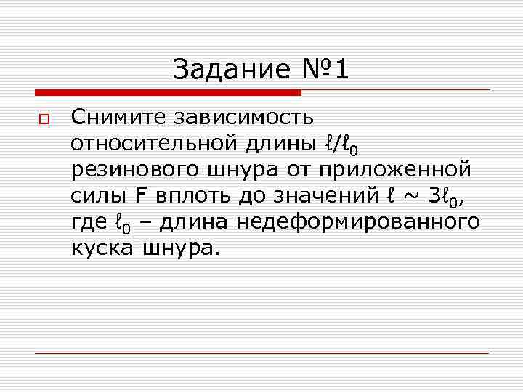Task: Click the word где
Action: pyautogui.click(x=89, y=222)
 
